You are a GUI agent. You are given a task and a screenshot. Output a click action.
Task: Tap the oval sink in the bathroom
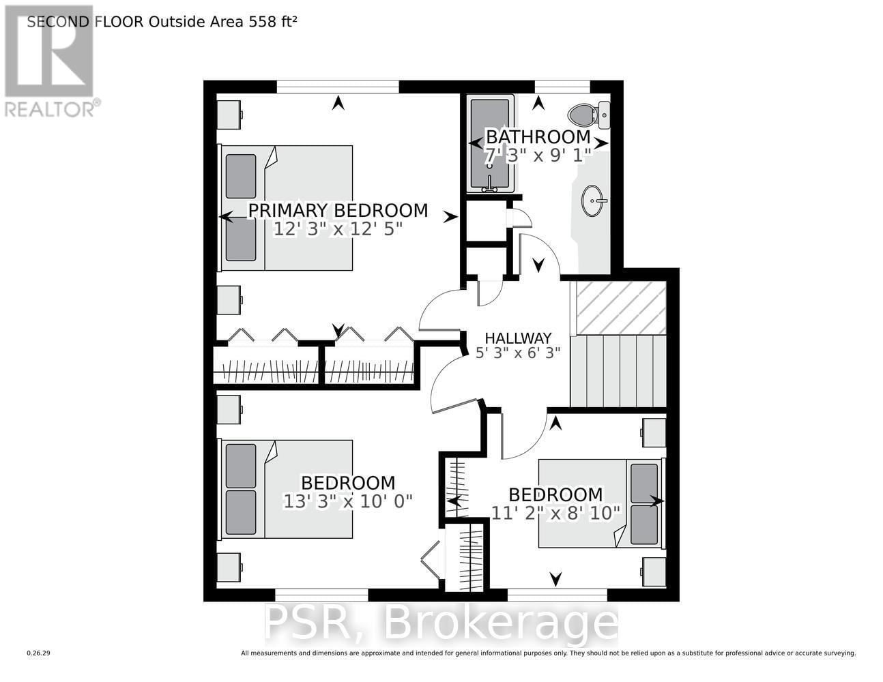click(593, 201)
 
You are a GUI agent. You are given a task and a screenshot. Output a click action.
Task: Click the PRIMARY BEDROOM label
click(338, 210)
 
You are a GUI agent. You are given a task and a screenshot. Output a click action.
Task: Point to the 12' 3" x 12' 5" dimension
click(338, 229)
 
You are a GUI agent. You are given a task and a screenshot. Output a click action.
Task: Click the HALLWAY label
click(518, 338)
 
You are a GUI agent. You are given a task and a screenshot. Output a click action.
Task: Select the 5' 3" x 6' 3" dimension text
click(518, 353)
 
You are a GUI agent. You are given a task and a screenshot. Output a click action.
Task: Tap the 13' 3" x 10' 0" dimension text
click(348, 501)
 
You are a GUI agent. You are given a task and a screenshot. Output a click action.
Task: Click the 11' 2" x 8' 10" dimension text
click(555, 512)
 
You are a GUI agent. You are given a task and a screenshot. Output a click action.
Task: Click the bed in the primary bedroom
click(287, 207)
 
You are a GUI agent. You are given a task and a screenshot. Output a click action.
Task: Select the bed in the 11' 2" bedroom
click(600, 503)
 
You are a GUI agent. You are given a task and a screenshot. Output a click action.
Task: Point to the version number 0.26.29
click(39, 653)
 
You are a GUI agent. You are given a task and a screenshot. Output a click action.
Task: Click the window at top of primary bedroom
click(337, 86)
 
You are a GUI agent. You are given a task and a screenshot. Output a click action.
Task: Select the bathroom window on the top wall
click(562, 86)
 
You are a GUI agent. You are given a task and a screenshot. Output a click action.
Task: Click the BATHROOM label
click(537, 136)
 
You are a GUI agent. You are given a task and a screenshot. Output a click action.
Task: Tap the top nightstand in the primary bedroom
click(229, 114)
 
